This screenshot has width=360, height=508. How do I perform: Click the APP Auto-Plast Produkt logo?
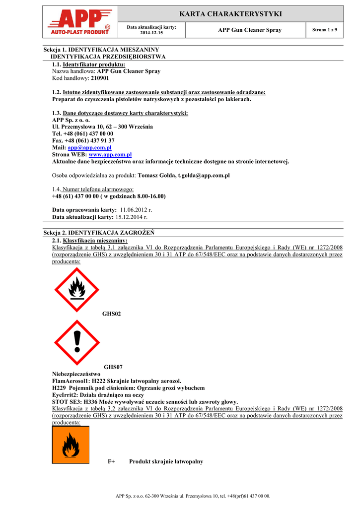[x=80, y=23]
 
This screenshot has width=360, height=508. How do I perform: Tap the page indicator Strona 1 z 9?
[x=324, y=30]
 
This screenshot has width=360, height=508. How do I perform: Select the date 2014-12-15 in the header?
[x=151, y=32]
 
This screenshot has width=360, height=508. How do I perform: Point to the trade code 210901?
[x=100, y=78]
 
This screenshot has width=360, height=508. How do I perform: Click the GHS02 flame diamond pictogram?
[x=77, y=290]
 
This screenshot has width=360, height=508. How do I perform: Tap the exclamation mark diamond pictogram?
[x=77, y=342]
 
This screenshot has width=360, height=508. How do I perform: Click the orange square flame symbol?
[x=71, y=444]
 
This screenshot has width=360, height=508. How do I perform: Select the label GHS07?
[x=113, y=367]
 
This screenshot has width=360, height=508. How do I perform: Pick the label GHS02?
[x=111, y=314]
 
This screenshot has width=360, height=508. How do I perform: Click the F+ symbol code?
[x=111, y=461]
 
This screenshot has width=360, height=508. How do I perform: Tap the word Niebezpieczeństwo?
[x=76, y=374]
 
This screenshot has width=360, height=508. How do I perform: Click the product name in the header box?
[x=249, y=30]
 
